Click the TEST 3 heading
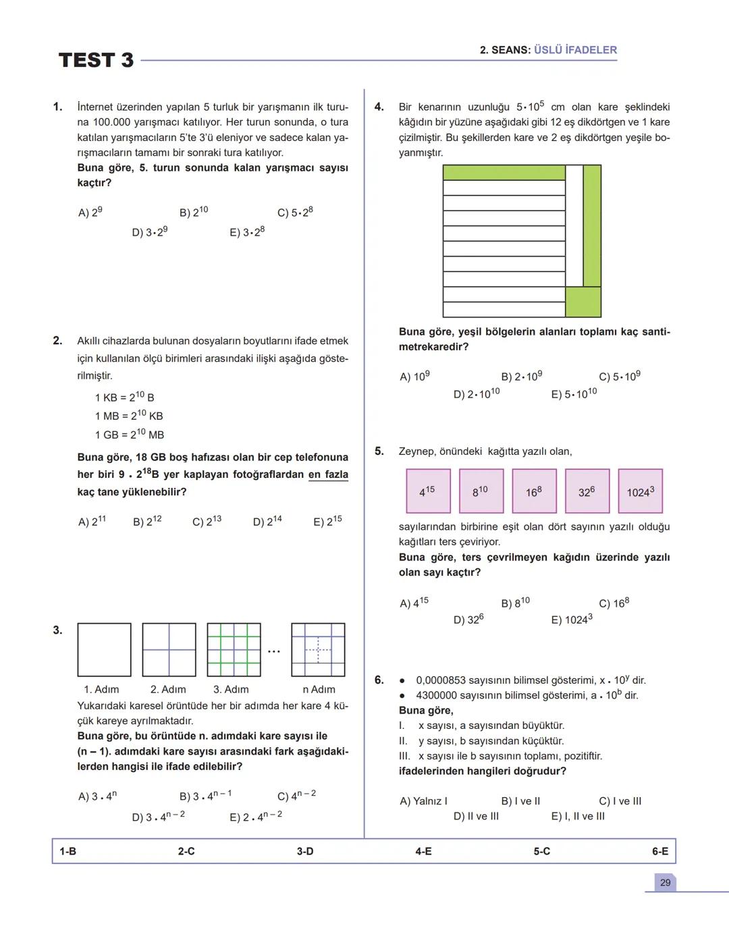tap(96, 60)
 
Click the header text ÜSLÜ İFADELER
tap(575, 50)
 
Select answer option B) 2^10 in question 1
tap(194, 212)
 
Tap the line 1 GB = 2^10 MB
tap(130, 434)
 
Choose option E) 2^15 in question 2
tap(327, 521)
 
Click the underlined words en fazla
tap(328, 474)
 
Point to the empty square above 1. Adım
tap(104, 650)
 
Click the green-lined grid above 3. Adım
tap(234, 650)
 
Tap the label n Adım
tap(319, 689)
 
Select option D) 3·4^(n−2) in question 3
tap(158, 817)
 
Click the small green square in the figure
tap(583, 302)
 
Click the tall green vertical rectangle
tap(592, 226)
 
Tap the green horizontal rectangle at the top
tap(504, 172)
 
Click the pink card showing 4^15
tap(427, 491)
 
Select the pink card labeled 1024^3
tap(640, 491)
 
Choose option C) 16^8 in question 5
tap(614, 603)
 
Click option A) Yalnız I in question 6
tap(423, 801)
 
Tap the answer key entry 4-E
tap(423, 852)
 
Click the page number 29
tap(665, 883)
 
